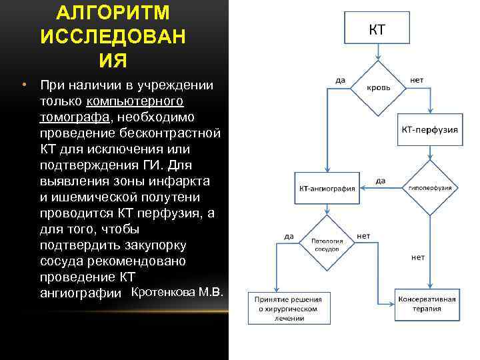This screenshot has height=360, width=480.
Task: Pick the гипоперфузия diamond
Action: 429,187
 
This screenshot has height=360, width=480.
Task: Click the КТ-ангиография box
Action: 327,188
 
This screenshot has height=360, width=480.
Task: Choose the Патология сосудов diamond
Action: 327,243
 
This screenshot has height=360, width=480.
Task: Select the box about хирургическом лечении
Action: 289,309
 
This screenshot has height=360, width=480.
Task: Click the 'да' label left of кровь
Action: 340,80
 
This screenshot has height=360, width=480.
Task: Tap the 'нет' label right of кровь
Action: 417,80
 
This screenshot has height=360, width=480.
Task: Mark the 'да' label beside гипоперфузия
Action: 380,180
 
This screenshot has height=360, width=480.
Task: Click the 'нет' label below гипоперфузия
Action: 417,257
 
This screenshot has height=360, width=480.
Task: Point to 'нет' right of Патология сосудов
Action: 364,235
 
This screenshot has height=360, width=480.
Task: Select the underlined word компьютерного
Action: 135,101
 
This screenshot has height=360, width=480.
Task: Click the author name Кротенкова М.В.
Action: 178,292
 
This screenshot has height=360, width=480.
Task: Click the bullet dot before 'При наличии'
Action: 24,86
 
